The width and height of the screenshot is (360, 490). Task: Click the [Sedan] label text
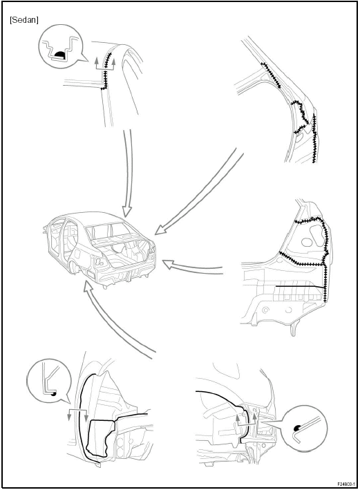[x=24, y=21]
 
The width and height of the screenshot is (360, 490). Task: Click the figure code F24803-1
[x=343, y=484]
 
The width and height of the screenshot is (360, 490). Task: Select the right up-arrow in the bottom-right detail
[x=255, y=419]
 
